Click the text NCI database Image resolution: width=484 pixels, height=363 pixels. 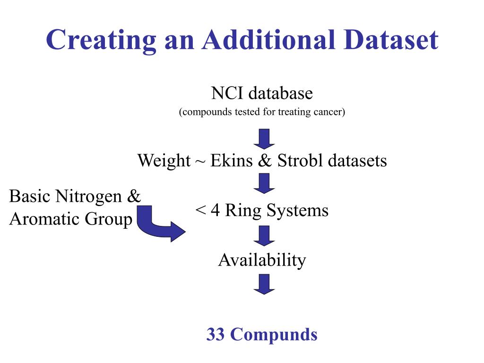(262, 93)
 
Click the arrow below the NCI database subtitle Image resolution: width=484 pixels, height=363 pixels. (264, 138)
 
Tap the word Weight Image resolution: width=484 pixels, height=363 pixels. (164, 161)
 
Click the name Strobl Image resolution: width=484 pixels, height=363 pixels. (295, 161)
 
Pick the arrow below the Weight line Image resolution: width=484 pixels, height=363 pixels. (264, 183)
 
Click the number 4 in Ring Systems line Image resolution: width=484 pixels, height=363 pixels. (216, 210)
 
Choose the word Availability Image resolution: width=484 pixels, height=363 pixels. (262, 260)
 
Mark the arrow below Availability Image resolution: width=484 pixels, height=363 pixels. (264, 284)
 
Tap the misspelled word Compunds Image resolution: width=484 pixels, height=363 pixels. (274, 334)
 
